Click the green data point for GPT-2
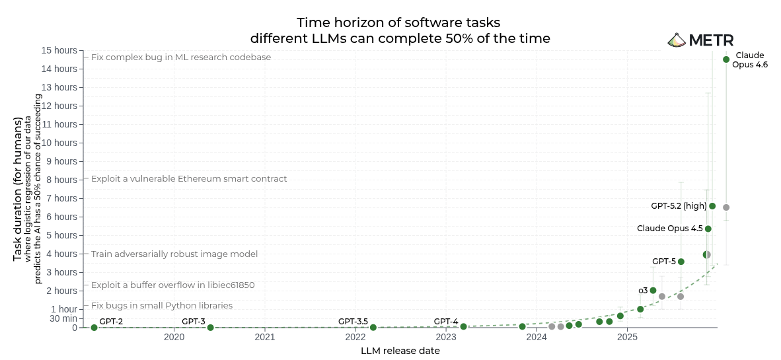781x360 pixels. tap(94, 328)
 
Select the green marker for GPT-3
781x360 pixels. tap(210, 328)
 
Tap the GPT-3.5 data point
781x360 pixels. tap(373, 328)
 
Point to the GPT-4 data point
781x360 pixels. tap(463, 327)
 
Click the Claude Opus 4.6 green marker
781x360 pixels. tap(726, 59)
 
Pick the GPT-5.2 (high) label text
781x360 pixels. tap(679, 206)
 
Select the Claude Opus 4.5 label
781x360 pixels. tap(669, 229)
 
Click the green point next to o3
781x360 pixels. tap(653, 291)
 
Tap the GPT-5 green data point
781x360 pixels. tap(681, 262)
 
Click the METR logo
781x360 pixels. tap(700, 40)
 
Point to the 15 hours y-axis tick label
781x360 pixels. tap(59, 50)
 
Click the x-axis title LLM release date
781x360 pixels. tap(400, 351)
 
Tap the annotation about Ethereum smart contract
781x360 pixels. tap(189, 179)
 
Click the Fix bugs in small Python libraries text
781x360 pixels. tap(162, 306)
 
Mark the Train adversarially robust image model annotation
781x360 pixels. tap(174, 254)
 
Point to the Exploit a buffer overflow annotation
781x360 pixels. tap(172, 285)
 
